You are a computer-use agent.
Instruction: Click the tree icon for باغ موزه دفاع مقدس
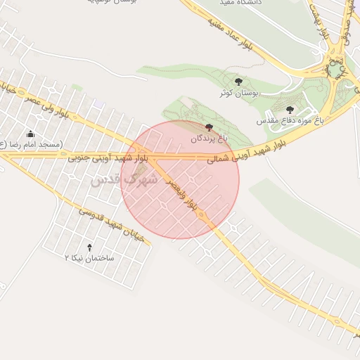click(x=290, y=110)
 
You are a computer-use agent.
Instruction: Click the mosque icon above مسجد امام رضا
click(x=30, y=134)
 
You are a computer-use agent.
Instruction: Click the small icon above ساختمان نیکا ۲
click(x=89, y=247)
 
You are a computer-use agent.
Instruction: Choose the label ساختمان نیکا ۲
click(x=89, y=258)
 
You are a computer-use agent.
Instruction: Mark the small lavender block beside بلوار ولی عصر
click(x=98, y=105)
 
